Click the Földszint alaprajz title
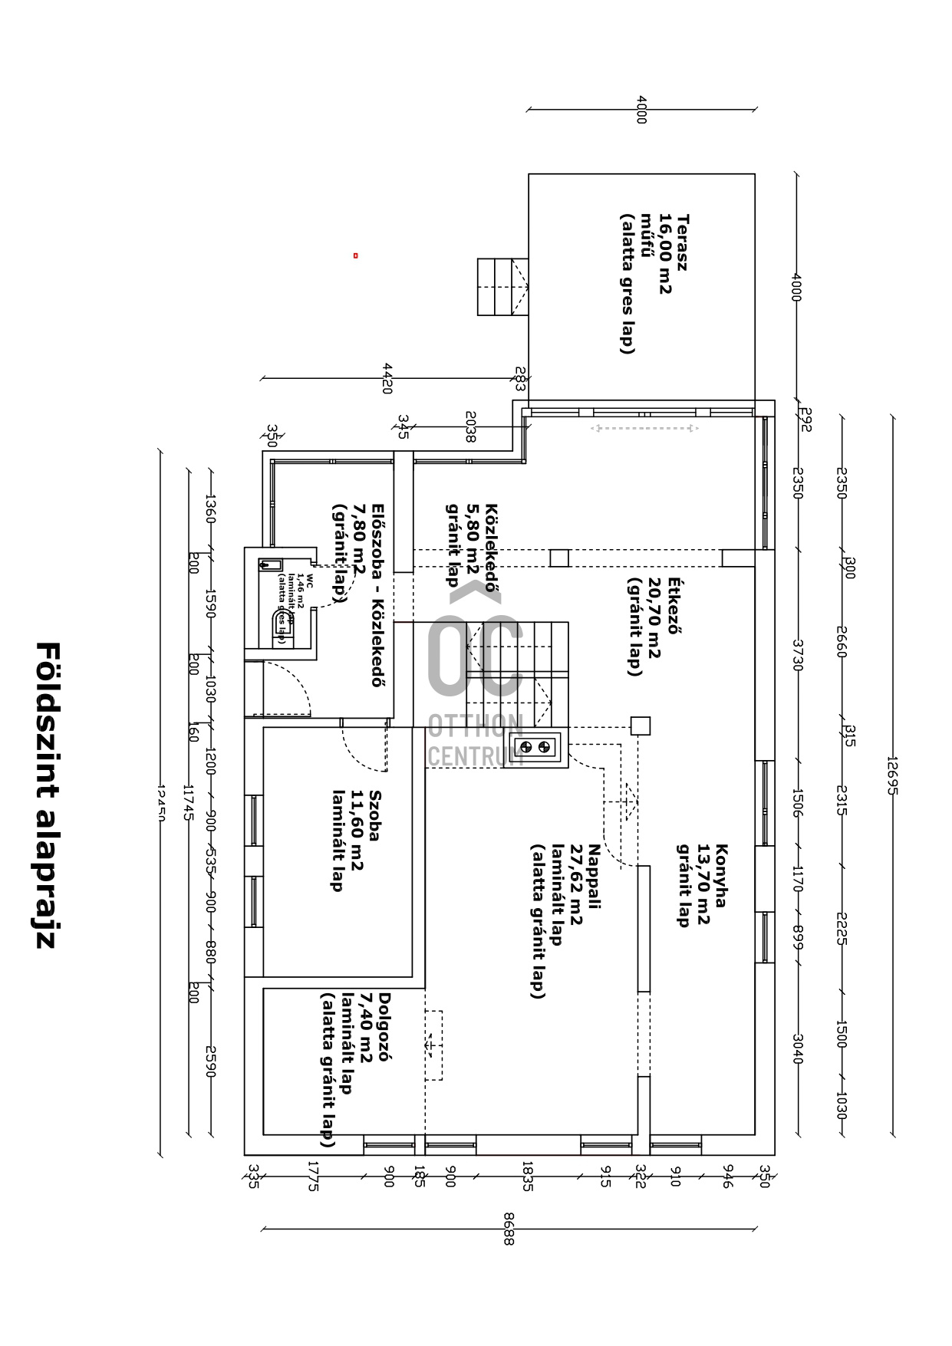[x=47, y=795]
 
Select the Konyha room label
[x=721, y=875]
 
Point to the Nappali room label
[x=595, y=876]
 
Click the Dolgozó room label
[x=385, y=1026]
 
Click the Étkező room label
[x=674, y=606]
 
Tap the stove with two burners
[x=535, y=746]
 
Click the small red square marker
[x=355, y=255]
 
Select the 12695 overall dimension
[x=891, y=775]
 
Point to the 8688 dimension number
[x=508, y=1228]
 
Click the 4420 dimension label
[x=387, y=378]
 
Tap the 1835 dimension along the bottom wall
[x=527, y=1175]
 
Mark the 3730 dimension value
[x=797, y=655]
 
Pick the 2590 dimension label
[x=210, y=1061]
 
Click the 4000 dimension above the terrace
[x=641, y=109]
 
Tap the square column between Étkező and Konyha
[x=640, y=726]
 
